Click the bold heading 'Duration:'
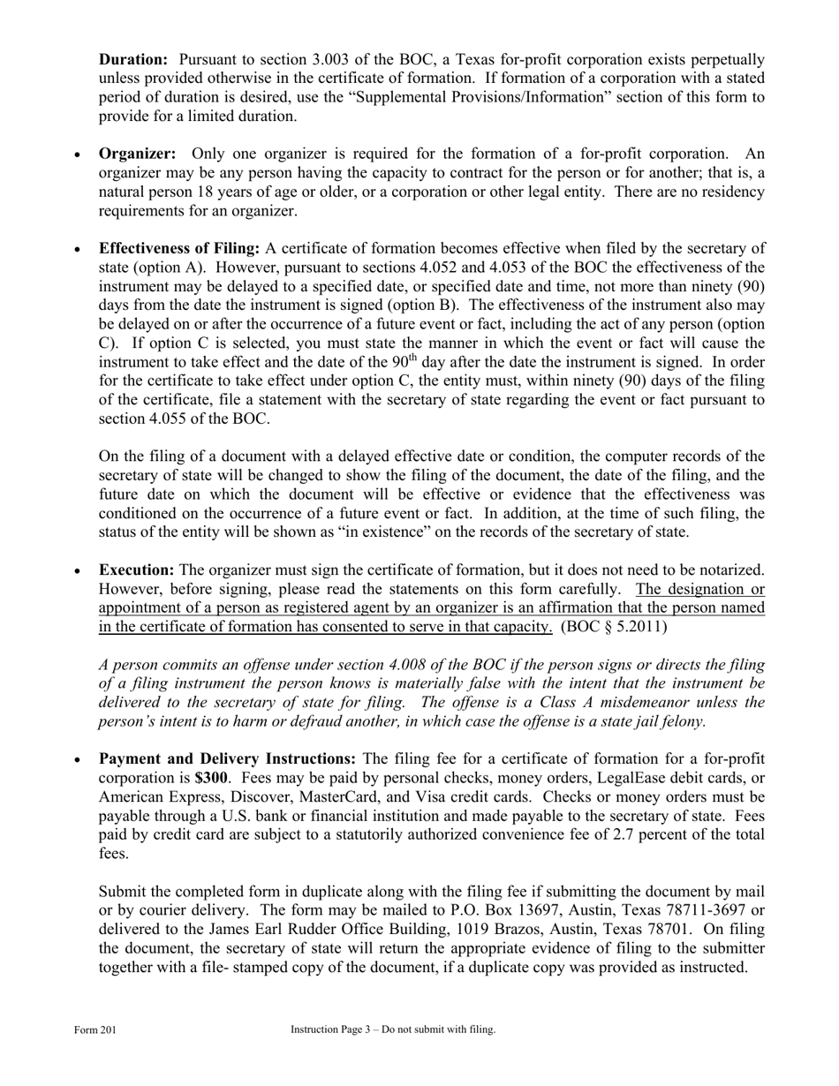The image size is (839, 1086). (132, 59)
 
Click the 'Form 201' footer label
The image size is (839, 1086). (95, 1029)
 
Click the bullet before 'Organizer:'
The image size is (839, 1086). (78, 155)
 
